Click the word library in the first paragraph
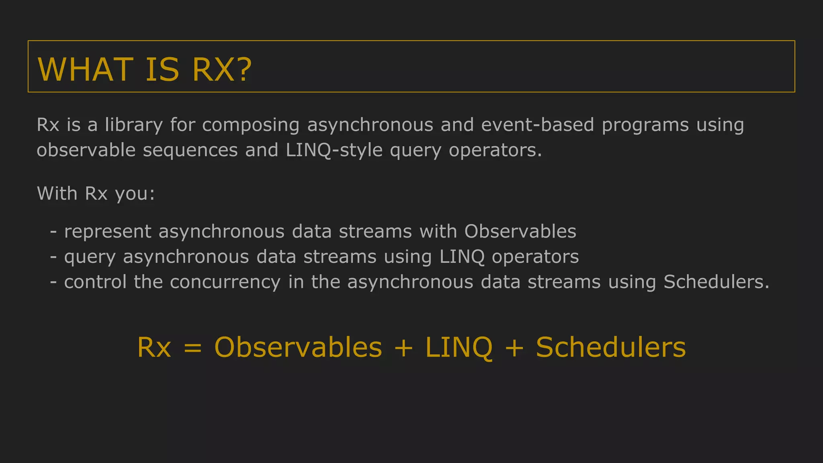[134, 125]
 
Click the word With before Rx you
[57, 193]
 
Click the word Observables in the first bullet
[520, 231]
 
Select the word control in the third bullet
[95, 282]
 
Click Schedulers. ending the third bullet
[716, 282]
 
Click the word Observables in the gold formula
[298, 347]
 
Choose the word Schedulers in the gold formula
[610, 347]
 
